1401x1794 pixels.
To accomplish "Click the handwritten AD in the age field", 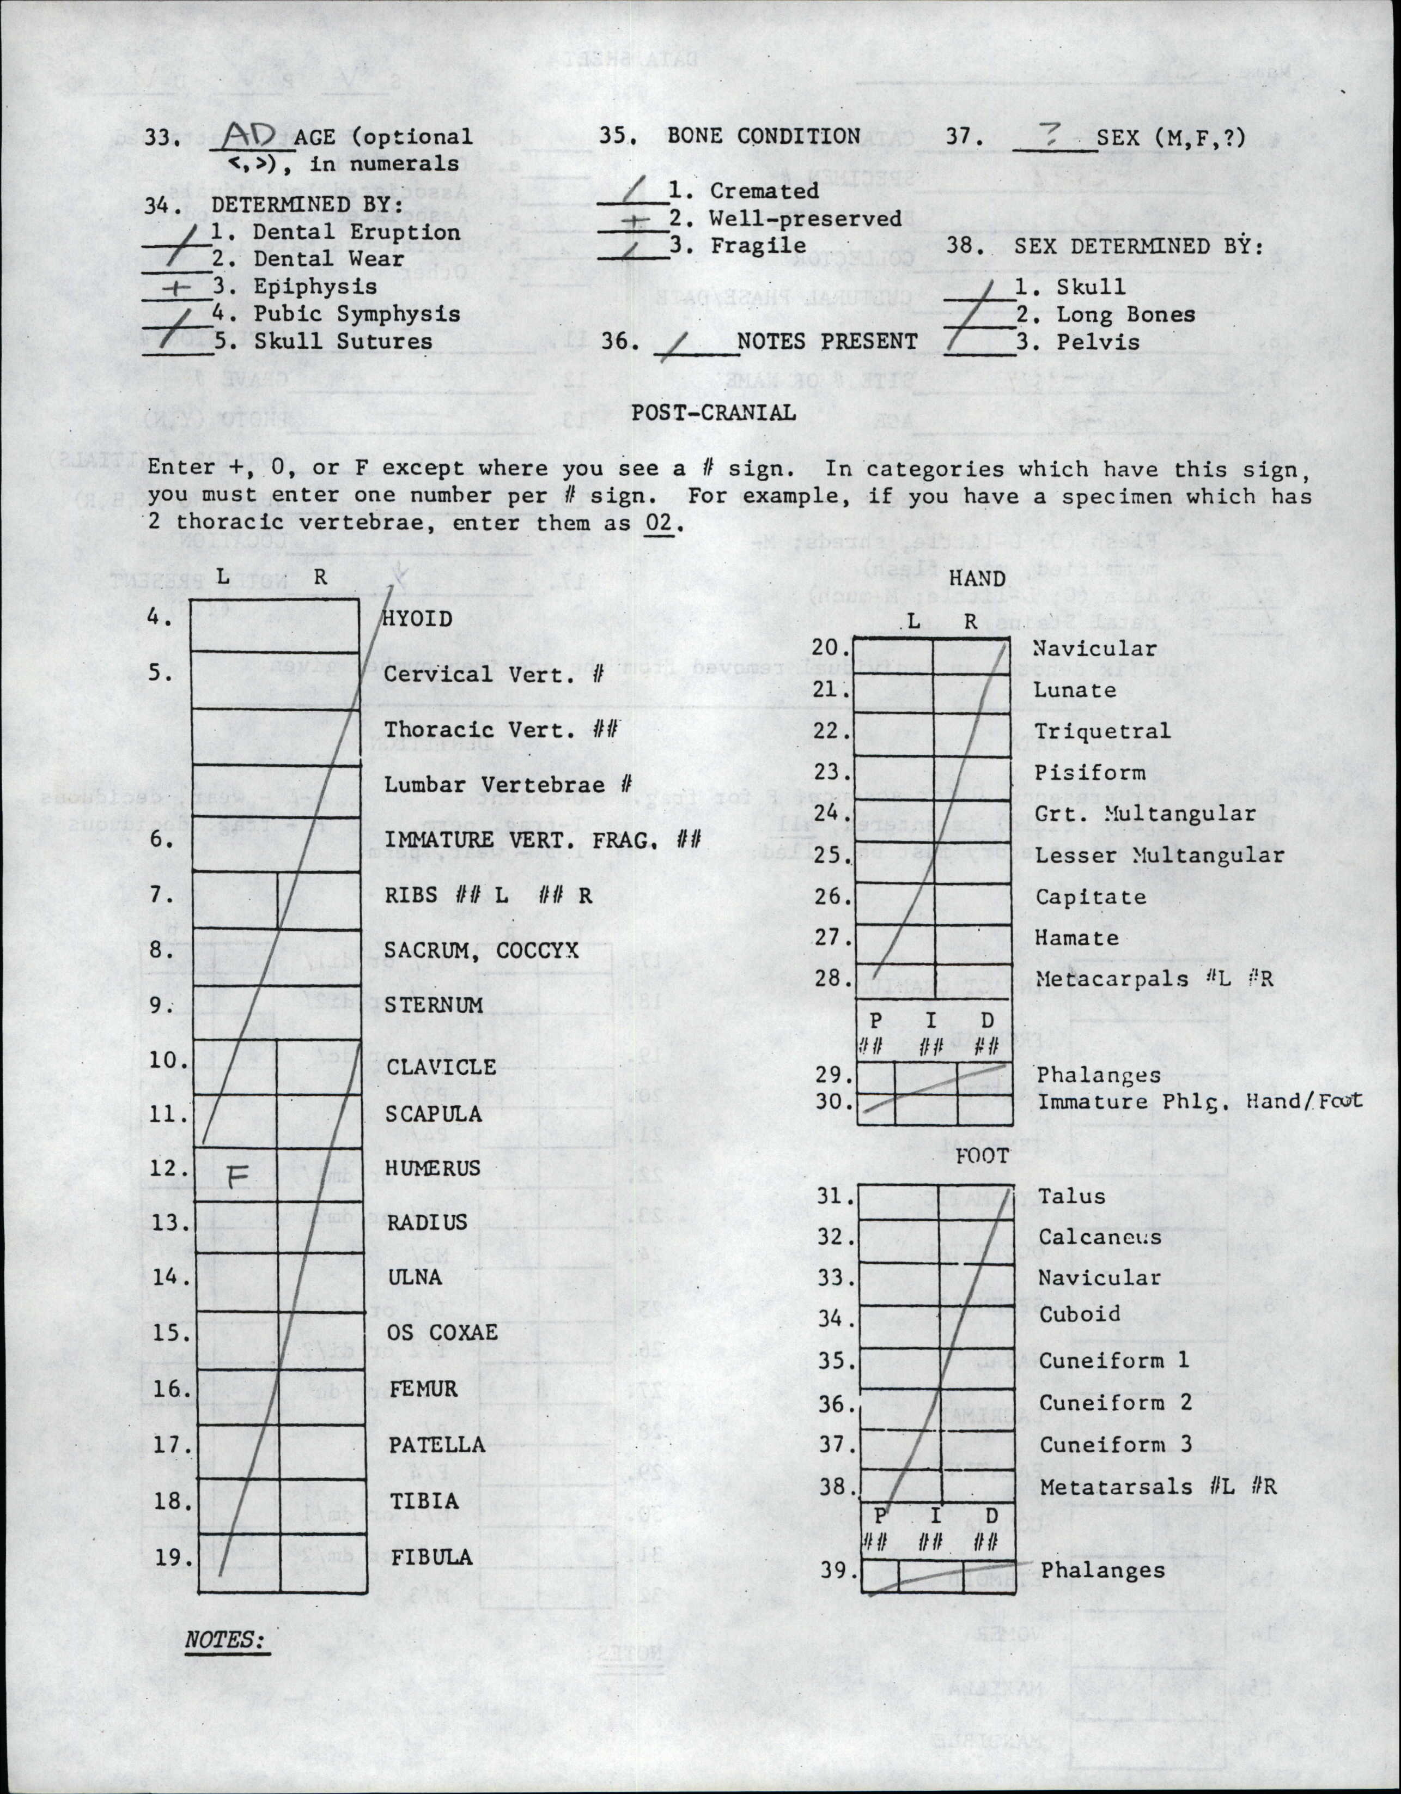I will pos(251,134).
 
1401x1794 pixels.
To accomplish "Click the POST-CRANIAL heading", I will pos(713,413).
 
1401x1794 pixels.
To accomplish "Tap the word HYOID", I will pos(418,619).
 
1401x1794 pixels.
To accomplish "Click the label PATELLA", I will pos(436,1444).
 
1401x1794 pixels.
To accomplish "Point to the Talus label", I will pos(1071,1196).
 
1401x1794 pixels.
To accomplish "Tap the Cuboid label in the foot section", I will pos(1079,1314).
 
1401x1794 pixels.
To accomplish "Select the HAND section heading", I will pos(977,579).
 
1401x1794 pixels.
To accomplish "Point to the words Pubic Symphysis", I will pos(356,314).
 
